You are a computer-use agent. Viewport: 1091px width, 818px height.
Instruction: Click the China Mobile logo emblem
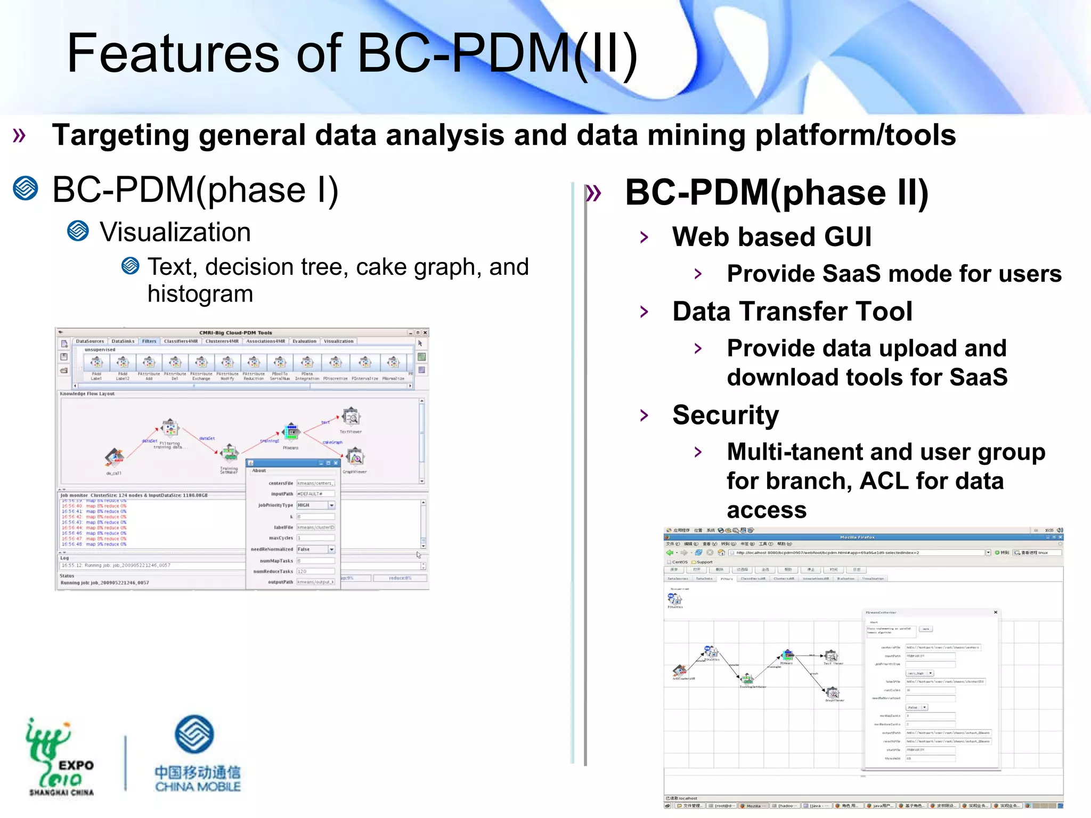(x=194, y=734)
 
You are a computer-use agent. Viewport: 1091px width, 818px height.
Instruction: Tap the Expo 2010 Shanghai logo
(x=60, y=756)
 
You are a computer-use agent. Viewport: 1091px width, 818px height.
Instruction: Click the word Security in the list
(x=725, y=415)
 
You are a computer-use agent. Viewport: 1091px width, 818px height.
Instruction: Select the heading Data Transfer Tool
(x=792, y=312)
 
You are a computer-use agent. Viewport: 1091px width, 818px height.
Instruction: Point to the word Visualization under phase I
(x=175, y=232)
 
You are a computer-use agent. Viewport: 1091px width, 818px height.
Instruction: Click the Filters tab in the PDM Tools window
(x=149, y=341)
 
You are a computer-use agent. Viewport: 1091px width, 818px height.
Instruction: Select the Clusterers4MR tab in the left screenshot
(x=222, y=341)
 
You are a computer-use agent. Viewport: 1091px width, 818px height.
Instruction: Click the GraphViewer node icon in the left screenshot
(x=355, y=457)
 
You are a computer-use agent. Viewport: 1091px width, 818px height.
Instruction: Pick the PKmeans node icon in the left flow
(x=291, y=432)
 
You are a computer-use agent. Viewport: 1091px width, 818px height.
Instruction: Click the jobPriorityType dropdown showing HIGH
(x=316, y=505)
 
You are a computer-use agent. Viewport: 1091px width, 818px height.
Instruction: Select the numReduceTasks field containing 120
(x=315, y=571)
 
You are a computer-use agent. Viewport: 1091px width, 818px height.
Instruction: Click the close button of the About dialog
(x=336, y=463)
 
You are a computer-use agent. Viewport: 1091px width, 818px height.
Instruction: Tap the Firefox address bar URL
(x=858, y=553)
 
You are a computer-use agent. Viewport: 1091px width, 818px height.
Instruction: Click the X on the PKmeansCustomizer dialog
(x=996, y=612)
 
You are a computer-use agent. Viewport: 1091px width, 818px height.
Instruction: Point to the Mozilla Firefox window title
(x=857, y=537)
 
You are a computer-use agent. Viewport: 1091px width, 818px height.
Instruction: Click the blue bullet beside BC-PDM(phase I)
(x=26, y=189)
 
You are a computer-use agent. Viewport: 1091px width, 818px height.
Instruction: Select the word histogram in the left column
(x=200, y=294)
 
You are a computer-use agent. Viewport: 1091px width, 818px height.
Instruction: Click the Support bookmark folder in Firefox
(x=704, y=562)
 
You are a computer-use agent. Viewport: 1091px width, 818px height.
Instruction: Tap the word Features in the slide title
(x=173, y=53)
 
